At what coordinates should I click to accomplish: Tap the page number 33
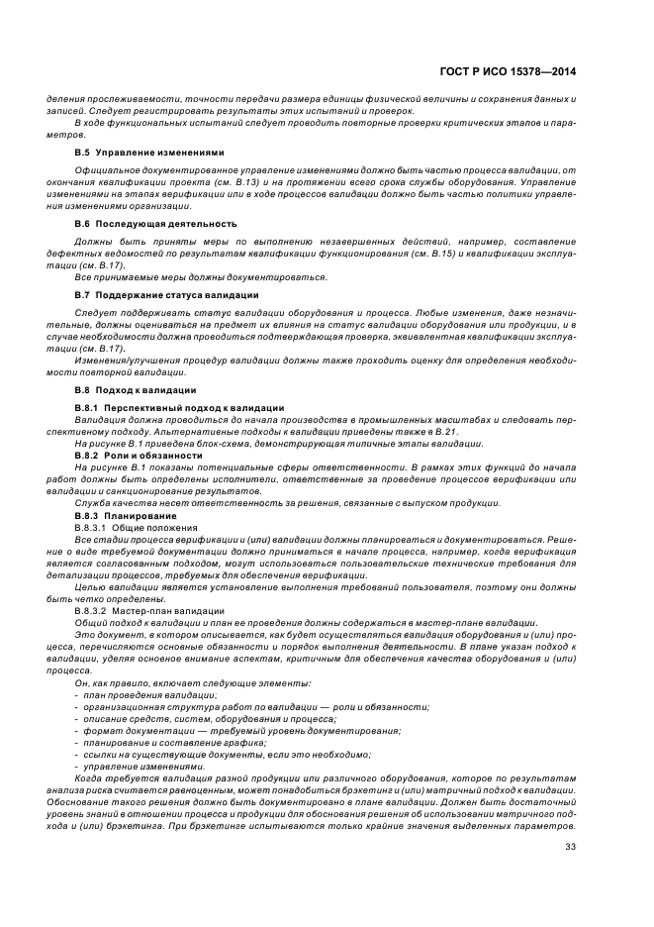570,845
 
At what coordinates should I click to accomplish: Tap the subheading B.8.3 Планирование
126,517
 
